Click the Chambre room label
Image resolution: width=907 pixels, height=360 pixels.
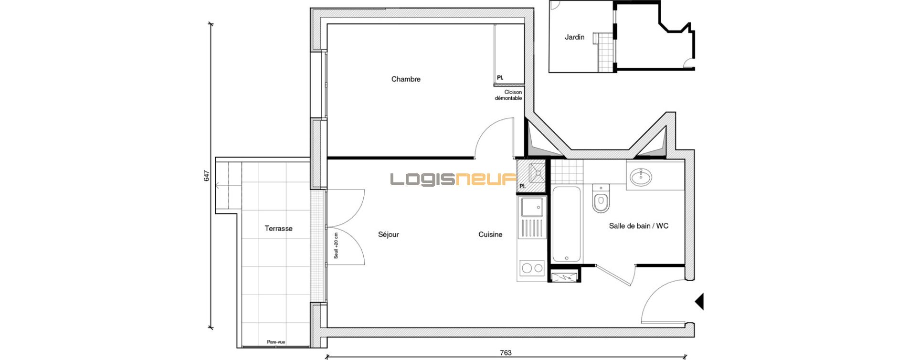coord(406,79)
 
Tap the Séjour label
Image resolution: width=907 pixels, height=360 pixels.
coord(388,234)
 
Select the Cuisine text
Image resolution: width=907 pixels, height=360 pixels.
coord(490,234)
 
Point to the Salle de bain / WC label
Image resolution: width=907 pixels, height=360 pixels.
coord(639,226)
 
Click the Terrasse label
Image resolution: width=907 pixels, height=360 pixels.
coord(278,229)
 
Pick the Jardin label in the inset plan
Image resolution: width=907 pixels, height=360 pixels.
coord(574,37)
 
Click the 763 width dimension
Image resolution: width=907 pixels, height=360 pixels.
coord(506,353)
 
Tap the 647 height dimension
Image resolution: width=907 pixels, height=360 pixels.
coord(207,176)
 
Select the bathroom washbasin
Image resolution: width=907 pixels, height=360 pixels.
coord(640,177)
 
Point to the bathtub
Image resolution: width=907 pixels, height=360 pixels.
coord(567,224)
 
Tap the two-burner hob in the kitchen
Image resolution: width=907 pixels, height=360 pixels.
coord(532,268)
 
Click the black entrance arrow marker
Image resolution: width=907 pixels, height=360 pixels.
coord(699,302)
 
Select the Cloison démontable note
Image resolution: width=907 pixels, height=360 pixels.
coord(508,95)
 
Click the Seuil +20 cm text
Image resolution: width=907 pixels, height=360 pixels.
coord(336,246)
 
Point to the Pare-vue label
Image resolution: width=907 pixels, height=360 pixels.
coord(276,342)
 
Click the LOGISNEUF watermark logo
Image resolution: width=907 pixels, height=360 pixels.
coord(453,180)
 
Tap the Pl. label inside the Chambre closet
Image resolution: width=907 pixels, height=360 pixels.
coord(500,77)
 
